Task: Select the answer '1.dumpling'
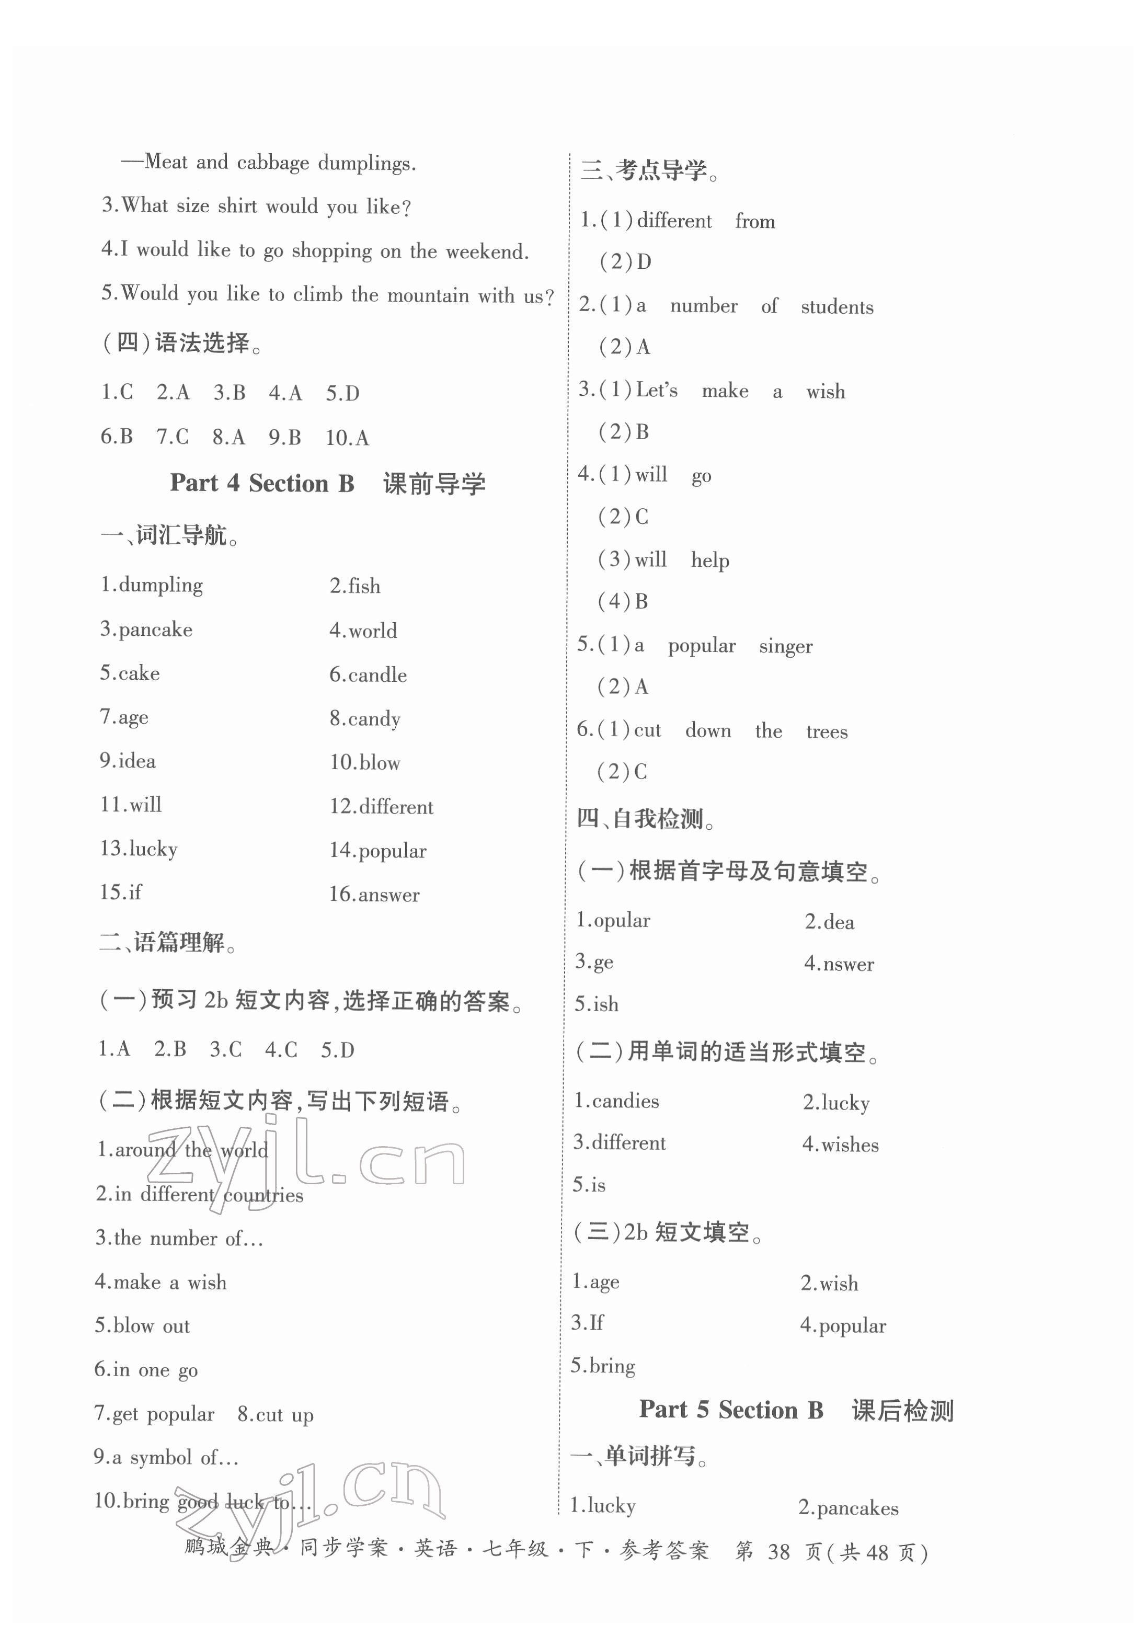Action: pyautogui.click(x=151, y=585)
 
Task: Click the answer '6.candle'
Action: pyautogui.click(x=368, y=674)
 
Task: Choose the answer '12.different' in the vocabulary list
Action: pyautogui.click(x=381, y=807)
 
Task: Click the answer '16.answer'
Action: pyautogui.click(x=374, y=894)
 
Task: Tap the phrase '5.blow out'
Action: pyautogui.click(x=143, y=1326)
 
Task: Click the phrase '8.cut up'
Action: pyautogui.click(x=275, y=1414)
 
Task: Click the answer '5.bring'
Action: pyautogui.click(x=603, y=1366)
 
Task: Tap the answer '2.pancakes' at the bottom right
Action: pyautogui.click(x=848, y=1508)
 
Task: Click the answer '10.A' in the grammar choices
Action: pyautogui.click(x=347, y=438)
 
